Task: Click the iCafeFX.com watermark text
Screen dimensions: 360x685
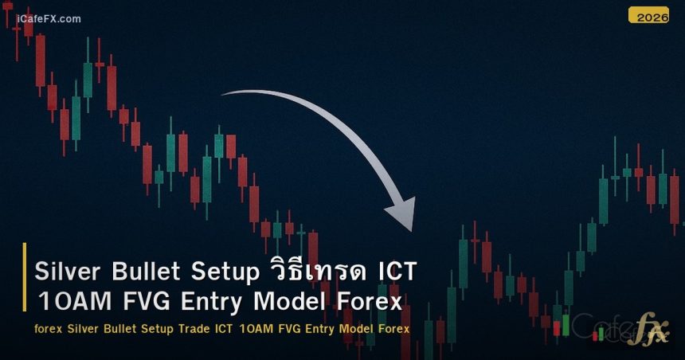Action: point(49,19)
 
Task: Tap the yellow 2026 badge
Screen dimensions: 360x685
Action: point(648,15)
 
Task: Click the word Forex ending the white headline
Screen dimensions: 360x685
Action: point(367,302)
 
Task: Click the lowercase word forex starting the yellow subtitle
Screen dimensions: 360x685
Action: point(49,329)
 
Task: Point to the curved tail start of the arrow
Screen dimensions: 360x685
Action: point(225,94)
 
